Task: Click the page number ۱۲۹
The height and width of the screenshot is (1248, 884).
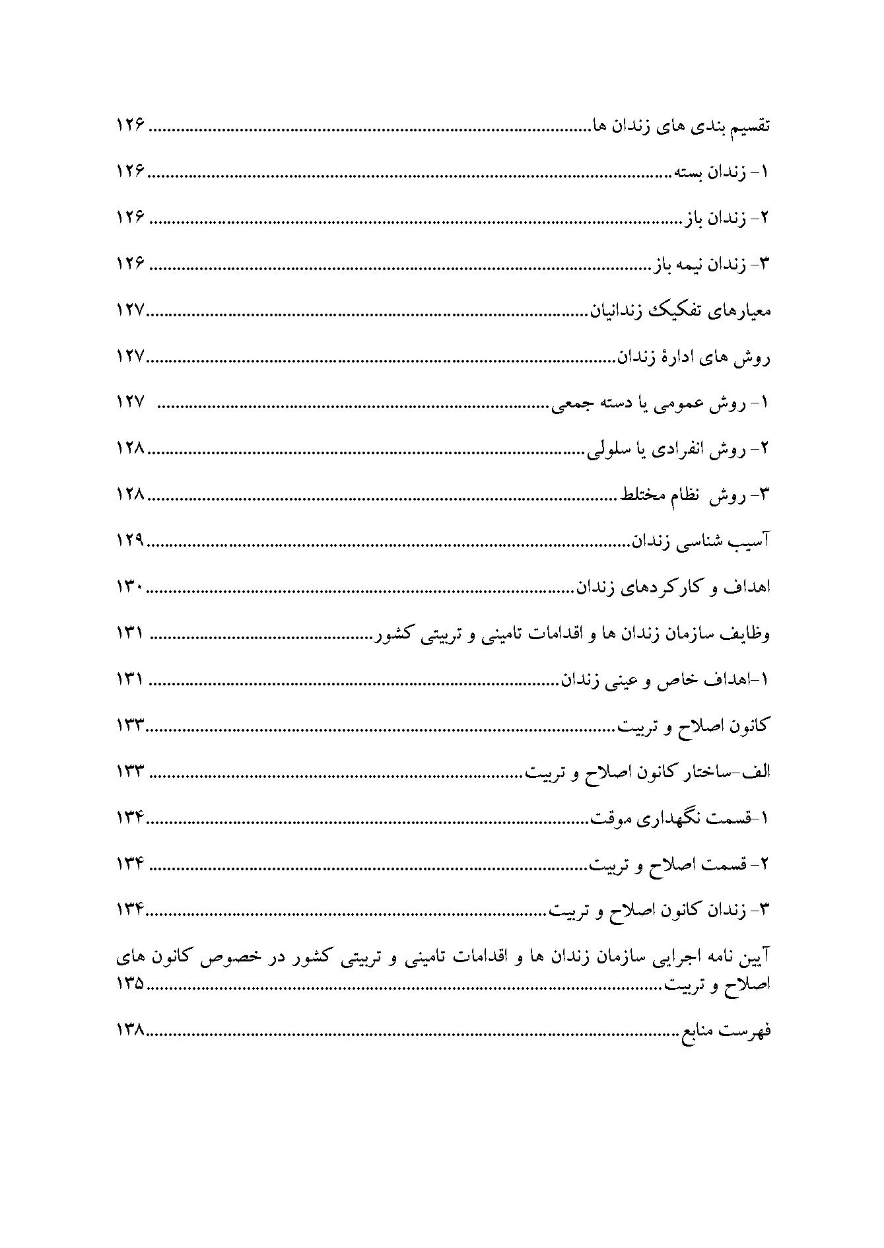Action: [x=130, y=541]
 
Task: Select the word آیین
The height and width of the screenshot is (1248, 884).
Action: [x=754, y=957]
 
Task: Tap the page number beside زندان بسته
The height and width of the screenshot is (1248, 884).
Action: [x=130, y=172]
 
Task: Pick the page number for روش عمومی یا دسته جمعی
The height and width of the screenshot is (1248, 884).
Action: [x=130, y=403]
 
